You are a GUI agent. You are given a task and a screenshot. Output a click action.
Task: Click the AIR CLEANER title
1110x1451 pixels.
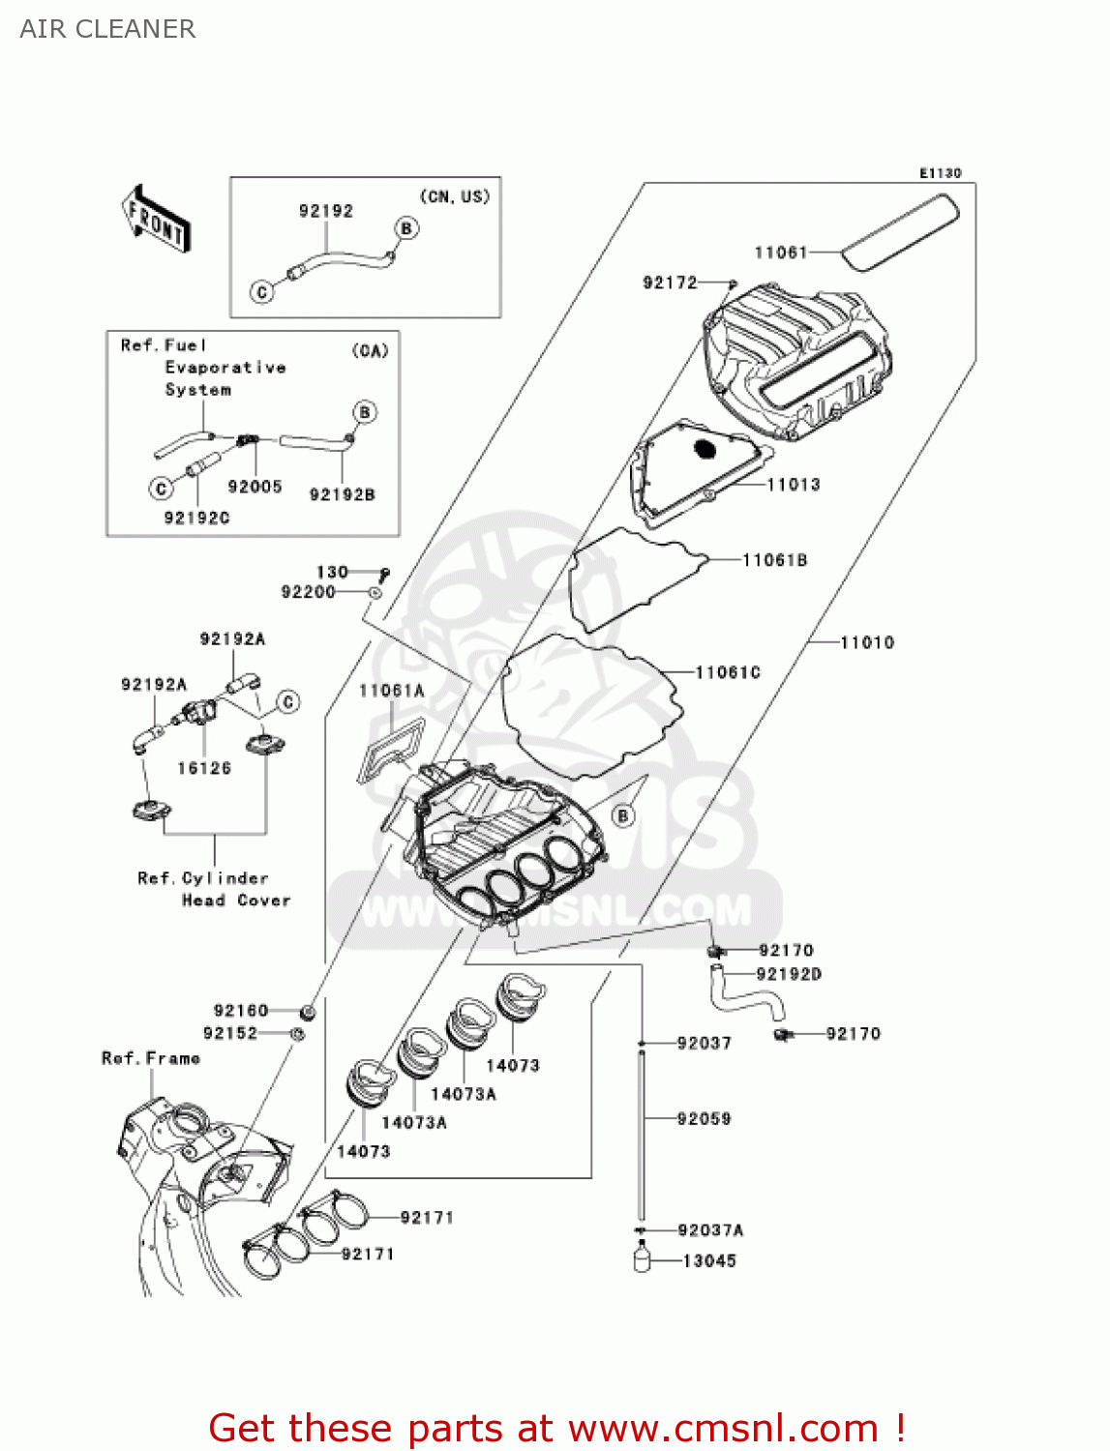pos(107,29)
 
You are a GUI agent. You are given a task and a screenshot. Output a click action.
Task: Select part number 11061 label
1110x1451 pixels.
pos(780,252)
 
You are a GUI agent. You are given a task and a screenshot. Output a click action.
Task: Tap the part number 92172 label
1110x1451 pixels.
pos(670,282)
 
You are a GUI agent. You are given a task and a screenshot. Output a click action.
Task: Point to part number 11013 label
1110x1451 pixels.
pos(794,485)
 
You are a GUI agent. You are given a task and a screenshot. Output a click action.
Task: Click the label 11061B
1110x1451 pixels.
pos(774,560)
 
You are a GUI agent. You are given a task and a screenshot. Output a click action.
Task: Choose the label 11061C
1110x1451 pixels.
pos(728,672)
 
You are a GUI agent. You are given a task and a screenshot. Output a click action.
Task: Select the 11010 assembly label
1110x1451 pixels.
pos(867,642)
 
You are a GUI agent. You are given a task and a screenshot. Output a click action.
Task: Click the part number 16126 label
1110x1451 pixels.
pos(204,768)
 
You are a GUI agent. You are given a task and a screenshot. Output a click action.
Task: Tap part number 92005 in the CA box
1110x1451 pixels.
pos(255,487)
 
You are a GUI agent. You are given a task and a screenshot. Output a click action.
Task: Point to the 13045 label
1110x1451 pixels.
pos(709,1261)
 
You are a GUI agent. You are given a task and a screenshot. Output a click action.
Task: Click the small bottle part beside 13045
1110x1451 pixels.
pos(642,1259)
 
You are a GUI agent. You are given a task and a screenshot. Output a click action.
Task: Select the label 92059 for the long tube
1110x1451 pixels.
pos(704,1119)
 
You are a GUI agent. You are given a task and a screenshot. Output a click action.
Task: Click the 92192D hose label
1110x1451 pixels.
pos(789,974)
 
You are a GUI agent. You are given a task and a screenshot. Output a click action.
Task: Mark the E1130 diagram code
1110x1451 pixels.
pos(940,173)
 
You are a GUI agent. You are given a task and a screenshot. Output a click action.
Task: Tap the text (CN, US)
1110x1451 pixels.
pos(454,196)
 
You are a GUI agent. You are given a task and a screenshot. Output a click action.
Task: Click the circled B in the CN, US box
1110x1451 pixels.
pos(406,228)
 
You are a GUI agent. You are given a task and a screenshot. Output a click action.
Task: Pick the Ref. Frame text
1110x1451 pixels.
pos(151,1058)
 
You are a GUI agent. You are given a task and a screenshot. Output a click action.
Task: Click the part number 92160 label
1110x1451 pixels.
pos(241,1011)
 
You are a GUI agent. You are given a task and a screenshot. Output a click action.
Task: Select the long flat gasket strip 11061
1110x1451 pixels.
pos(901,232)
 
